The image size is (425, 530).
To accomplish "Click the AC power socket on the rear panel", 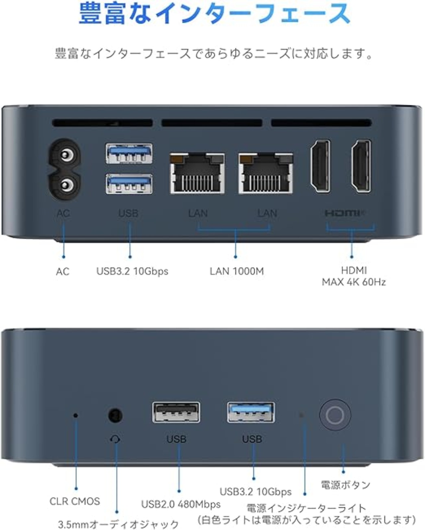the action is pos(65,170).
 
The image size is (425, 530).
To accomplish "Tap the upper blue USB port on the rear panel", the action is pos(129,154).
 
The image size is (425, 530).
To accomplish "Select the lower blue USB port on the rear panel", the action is pos(129,184).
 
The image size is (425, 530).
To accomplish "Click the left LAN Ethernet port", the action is pos(197,173).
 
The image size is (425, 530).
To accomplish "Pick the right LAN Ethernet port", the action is pos(266,173).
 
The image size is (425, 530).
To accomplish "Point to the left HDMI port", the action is pos(320,166).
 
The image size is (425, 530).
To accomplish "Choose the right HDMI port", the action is pos(361,166).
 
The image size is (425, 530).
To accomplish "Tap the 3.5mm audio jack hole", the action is pos(115,416).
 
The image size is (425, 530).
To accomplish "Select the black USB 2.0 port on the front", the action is pos(176,413).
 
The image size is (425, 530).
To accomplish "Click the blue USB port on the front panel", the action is pos(251,412).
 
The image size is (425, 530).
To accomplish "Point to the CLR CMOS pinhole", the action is pos(76,416).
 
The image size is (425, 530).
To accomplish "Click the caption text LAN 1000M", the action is pos(237,271).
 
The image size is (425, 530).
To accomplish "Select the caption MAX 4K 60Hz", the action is pos(354,282).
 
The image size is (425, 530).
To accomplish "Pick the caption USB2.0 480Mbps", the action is pos(181,504).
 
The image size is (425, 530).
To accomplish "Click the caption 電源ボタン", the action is pos(346,485).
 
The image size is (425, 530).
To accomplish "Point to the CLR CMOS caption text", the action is pos(75,501).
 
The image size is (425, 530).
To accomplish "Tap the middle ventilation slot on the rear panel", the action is pos(212,123).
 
